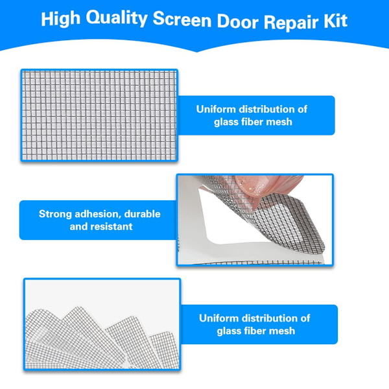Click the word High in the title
(61, 19)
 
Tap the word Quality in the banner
(117, 19)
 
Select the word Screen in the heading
(182, 19)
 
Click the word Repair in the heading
(290, 22)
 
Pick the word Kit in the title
(335, 21)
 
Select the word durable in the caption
(142, 214)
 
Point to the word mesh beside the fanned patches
(282, 331)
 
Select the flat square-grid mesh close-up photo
(99, 115)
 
